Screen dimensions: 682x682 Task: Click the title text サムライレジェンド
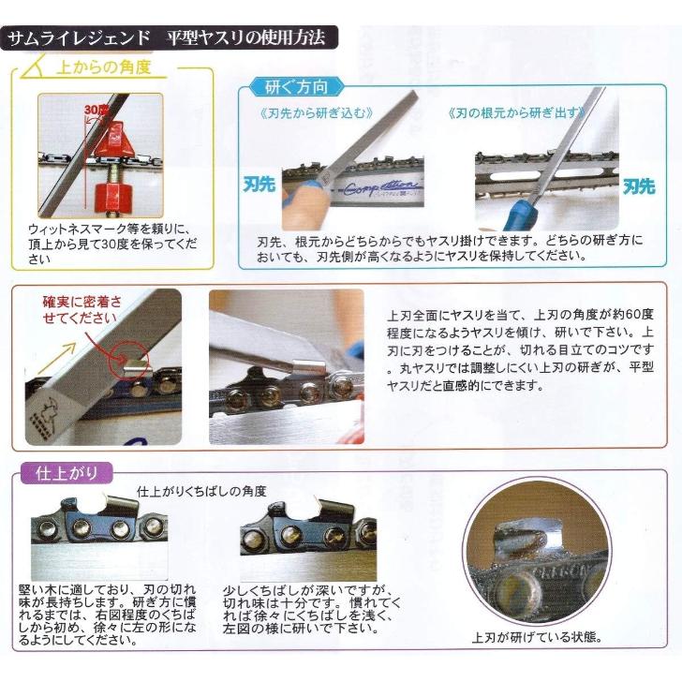tap(80, 39)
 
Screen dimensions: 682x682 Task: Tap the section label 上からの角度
tap(102, 68)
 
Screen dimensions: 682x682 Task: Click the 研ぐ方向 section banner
tap(296, 88)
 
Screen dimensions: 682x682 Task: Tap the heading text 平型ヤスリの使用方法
tap(245, 39)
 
